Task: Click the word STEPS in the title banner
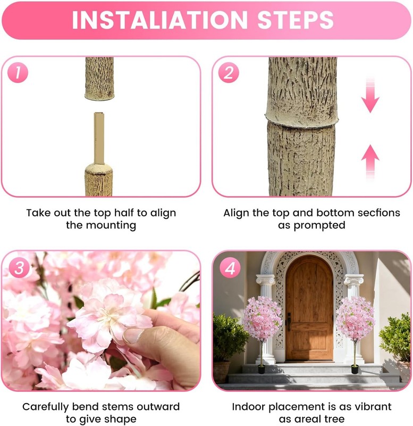(296, 20)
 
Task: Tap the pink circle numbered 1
(18, 72)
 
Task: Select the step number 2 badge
(229, 72)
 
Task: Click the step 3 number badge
(19, 268)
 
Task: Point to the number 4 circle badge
(230, 268)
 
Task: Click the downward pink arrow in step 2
(370, 95)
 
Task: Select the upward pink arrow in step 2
(370, 162)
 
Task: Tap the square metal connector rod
(99, 138)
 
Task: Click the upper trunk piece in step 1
(99, 78)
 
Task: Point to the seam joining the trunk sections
(302, 119)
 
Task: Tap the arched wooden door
(309, 308)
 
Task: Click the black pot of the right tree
(355, 369)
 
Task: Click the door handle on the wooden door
(289, 322)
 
